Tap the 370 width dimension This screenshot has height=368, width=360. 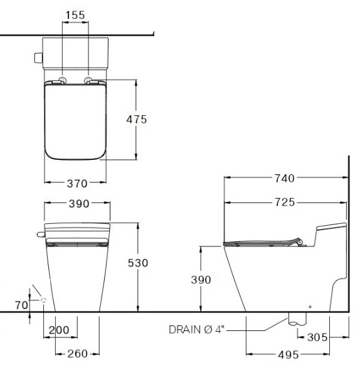click(77, 183)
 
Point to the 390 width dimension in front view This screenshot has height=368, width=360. click(77, 204)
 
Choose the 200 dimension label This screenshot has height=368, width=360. click(58, 330)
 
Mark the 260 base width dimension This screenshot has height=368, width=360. click(77, 354)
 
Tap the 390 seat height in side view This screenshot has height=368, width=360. click(201, 280)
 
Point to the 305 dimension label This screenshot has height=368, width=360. click(317, 337)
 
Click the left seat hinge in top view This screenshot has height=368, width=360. click(64, 80)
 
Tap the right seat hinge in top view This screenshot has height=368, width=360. click(90, 80)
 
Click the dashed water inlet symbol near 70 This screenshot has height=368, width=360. click(43, 300)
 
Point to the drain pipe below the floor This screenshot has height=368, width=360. click(293, 318)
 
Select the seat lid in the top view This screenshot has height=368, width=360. click(75, 122)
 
